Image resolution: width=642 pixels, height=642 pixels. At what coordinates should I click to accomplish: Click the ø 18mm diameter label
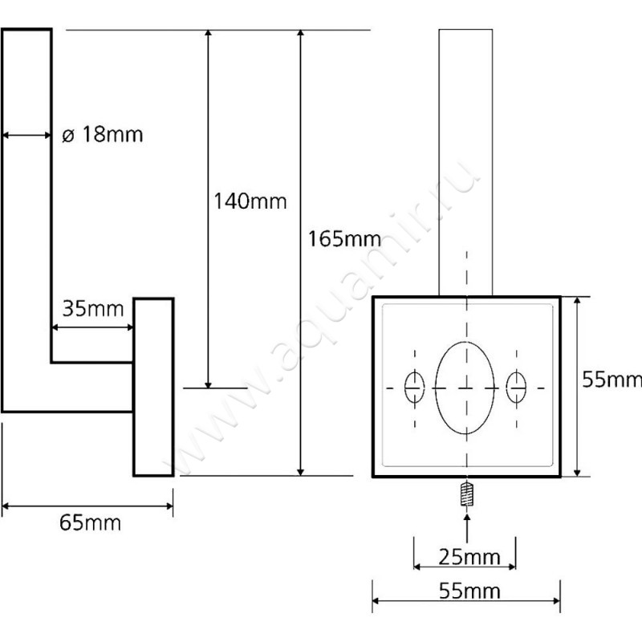pos(103,134)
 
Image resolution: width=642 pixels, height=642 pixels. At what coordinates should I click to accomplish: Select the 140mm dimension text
pos(250,201)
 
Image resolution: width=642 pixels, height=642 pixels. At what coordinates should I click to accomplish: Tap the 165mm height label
pos(344,238)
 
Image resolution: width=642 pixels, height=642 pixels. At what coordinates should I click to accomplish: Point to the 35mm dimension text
pos(93,308)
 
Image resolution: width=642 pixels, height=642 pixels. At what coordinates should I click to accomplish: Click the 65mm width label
pos(90,523)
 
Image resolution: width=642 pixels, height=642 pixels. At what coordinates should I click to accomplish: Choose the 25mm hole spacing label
pos(469,557)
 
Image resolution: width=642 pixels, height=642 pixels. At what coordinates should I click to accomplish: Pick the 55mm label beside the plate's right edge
pos(612,380)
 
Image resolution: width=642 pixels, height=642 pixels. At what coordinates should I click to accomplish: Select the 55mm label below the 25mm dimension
pos(469,591)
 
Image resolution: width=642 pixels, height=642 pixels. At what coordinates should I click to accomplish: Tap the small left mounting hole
pos(414,387)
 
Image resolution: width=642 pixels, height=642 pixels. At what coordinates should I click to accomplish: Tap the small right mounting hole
pos(516,387)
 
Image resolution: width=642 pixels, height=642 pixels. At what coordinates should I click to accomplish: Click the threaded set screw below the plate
pos(466,494)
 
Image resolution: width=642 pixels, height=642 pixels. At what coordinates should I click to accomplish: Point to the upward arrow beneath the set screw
pos(467,528)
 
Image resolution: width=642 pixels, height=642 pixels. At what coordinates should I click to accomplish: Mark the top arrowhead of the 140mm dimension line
pos(208,34)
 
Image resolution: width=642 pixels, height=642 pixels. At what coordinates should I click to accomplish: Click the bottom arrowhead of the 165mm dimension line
pos(300,472)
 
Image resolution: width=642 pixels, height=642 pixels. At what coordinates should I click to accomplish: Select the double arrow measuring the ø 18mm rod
pos(26,135)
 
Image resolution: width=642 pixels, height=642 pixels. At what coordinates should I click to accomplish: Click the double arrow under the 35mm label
pos(93,327)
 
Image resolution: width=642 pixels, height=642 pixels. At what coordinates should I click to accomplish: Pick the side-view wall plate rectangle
pos(153,387)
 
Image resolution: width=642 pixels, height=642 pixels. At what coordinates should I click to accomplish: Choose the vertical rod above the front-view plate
pos(465,163)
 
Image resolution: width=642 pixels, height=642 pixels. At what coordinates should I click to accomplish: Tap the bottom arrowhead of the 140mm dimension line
pos(208,384)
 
